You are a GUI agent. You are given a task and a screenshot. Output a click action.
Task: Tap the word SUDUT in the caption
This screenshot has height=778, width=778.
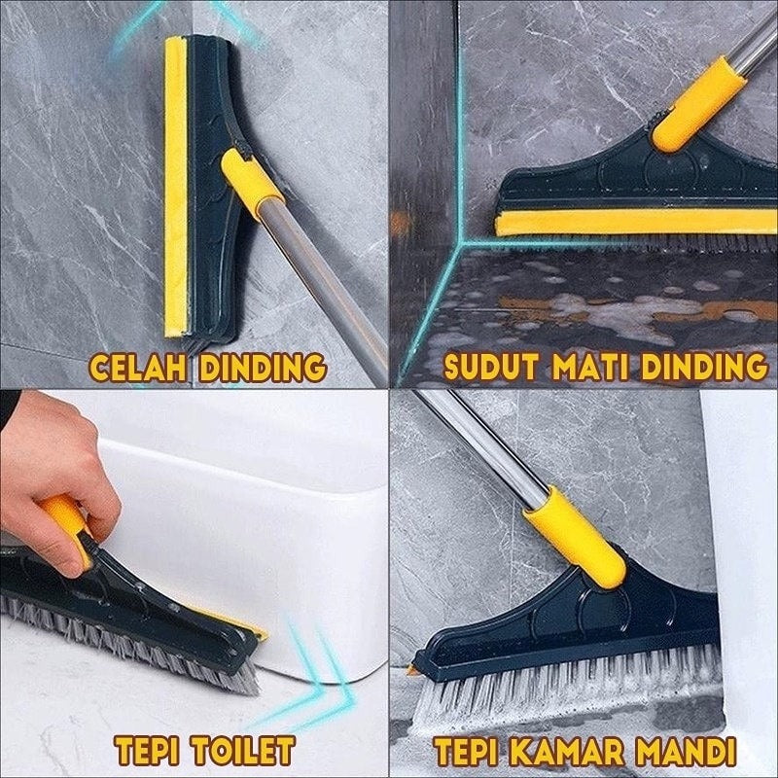pos(491,368)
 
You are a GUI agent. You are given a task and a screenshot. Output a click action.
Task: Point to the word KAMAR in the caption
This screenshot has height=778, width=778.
pos(566,751)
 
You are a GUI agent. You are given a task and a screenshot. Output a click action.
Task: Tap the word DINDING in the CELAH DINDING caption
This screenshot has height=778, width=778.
pos(263,368)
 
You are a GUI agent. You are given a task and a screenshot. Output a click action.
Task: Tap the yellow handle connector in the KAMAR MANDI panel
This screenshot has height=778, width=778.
pos(576,536)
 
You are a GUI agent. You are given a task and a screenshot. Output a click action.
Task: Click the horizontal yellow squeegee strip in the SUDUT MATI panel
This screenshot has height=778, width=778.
pos(635,223)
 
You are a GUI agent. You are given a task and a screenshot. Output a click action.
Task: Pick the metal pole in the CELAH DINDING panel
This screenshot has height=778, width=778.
pos(323,288)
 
